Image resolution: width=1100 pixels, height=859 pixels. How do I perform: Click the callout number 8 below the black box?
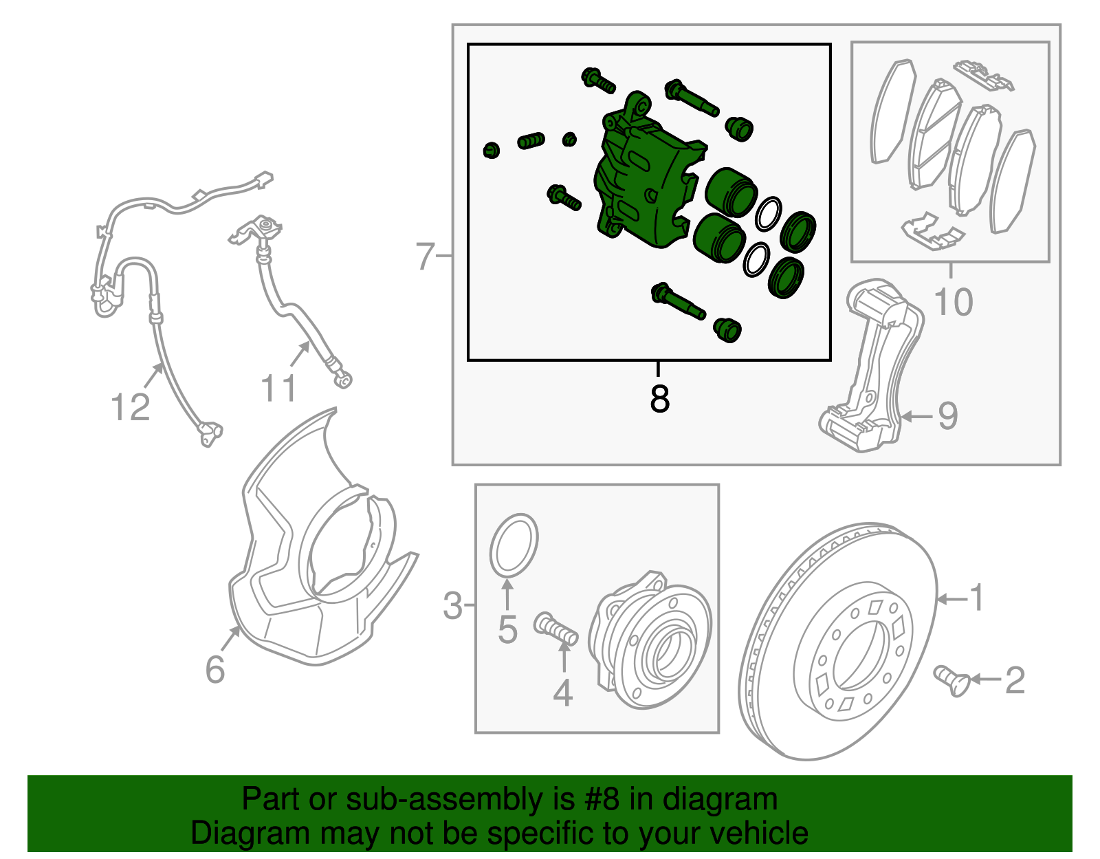659,398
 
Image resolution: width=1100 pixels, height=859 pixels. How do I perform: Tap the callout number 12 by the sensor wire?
130,407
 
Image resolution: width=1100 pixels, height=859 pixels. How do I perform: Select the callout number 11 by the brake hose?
278,389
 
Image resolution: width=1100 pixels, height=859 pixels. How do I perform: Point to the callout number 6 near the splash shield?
215,669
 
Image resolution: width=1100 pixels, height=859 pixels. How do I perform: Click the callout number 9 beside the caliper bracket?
948,415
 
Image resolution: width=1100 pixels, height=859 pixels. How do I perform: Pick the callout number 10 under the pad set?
954,302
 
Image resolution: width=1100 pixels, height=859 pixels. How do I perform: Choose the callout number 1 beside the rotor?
976,598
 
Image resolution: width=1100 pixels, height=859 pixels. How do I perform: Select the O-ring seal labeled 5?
514,544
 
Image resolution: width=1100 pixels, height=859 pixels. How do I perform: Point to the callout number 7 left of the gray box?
426,257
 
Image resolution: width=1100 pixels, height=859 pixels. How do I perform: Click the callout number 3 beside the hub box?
452,606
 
